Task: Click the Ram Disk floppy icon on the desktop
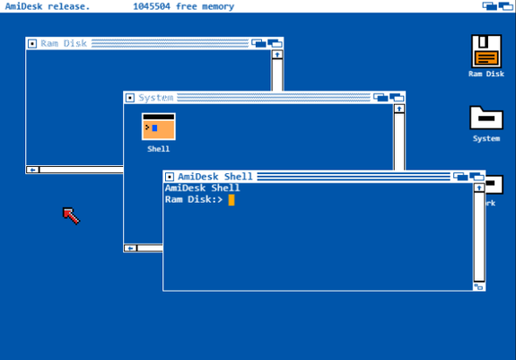[486, 51]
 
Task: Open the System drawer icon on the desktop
[486, 118]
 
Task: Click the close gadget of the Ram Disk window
[32, 43]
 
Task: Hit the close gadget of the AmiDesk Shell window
[169, 177]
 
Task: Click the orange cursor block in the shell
[232, 199]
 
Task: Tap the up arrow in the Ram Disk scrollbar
[277, 55]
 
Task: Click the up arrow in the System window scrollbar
[399, 109]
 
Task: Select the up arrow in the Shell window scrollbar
[479, 188]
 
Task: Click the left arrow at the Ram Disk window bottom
[32, 170]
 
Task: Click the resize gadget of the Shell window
[479, 286]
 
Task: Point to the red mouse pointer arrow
[71, 215]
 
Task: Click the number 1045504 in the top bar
[152, 6]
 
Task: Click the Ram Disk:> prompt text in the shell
[194, 199]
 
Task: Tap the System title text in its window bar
[155, 98]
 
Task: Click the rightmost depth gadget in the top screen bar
[505, 6]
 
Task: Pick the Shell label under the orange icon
[159, 149]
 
